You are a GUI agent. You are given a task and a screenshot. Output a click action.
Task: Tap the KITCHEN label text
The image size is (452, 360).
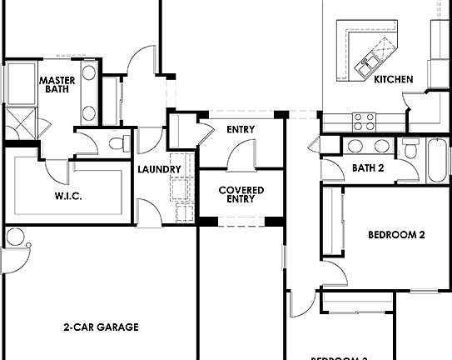393,80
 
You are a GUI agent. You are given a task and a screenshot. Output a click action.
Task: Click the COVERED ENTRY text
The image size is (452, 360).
241,195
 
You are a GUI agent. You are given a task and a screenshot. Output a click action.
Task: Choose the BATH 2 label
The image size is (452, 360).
367,168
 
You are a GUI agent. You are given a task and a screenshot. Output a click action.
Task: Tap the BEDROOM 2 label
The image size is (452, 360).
396,235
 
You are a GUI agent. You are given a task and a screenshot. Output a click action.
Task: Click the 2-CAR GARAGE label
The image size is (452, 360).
101,327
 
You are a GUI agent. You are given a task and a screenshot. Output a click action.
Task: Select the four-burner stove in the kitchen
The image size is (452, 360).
363,122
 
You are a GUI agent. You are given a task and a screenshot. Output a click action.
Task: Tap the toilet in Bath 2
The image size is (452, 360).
410,148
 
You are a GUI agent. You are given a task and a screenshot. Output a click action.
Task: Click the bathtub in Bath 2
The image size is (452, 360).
437,162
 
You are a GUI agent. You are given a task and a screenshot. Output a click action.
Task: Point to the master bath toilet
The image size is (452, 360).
118,142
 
